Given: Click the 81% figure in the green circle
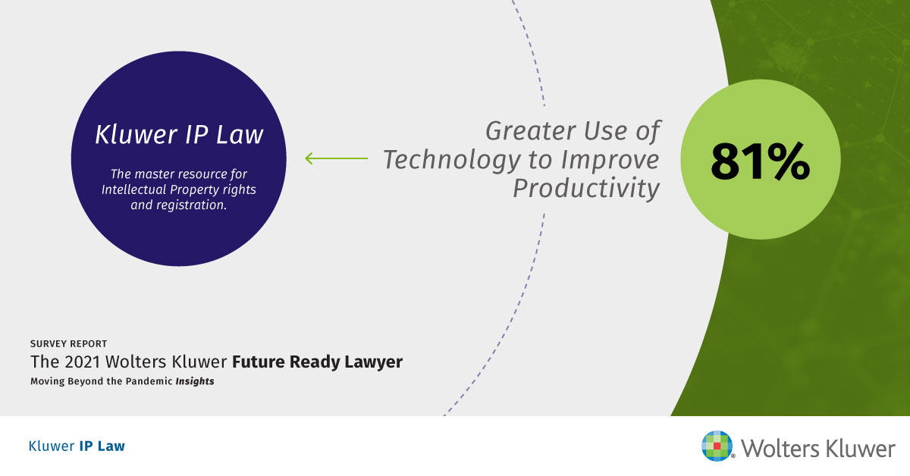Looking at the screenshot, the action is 760,161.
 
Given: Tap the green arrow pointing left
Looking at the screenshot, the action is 337,158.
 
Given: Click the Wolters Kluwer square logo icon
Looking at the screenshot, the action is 717,446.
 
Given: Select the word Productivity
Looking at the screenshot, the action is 585,189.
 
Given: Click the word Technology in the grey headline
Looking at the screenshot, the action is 451,160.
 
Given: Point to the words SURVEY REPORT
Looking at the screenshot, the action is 69,344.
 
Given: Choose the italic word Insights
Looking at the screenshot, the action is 195,381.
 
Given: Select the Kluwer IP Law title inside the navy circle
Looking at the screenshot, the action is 179,134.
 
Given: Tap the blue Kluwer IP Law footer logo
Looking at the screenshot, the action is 77,446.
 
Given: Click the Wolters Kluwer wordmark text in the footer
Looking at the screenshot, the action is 818,449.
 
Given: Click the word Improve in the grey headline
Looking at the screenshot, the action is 610,160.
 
